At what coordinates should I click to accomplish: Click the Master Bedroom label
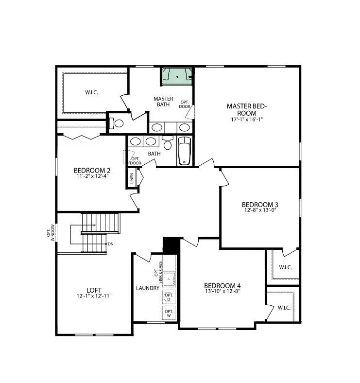(247, 109)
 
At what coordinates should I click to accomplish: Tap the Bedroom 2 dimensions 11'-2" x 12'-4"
(92, 176)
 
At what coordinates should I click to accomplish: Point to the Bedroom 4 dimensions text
(222, 291)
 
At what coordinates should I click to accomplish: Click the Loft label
(94, 290)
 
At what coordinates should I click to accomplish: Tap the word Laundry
(148, 288)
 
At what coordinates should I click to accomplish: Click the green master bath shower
(177, 76)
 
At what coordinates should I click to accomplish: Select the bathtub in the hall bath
(184, 151)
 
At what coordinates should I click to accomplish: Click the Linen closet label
(132, 180)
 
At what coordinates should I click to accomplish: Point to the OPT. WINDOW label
(51, 231)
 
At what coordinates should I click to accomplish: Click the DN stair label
(111, 244)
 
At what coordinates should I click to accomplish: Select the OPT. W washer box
(169, 313)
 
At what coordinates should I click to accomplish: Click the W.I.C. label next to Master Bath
(92, 92)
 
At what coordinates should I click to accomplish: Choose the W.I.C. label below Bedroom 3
(285, 267)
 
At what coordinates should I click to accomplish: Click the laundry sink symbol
(168, 279)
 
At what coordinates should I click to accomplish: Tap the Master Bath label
(163, 102)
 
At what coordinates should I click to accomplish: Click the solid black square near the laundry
(171, 245)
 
